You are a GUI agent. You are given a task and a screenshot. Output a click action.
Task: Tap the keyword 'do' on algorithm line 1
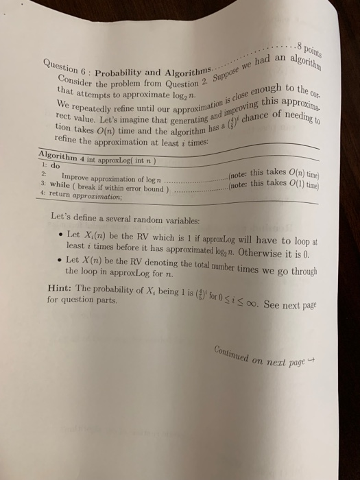click(x=50, y=167)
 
